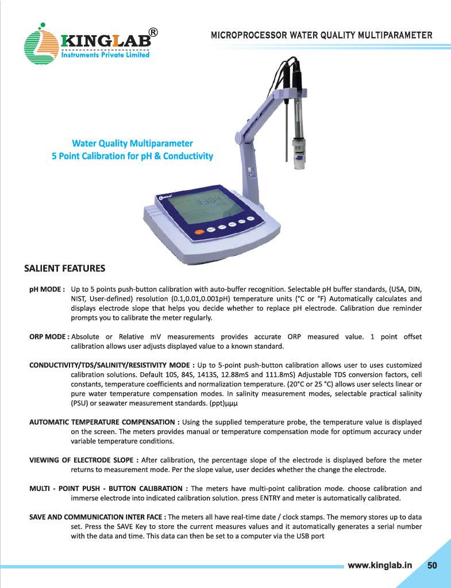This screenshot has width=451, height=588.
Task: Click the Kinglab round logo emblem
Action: tap(41, 43)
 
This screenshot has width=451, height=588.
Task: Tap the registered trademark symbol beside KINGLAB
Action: tap(153, 32)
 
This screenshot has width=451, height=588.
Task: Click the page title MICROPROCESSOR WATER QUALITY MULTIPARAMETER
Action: tap(322, 35)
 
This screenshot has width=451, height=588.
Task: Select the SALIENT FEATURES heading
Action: tap(64, 268)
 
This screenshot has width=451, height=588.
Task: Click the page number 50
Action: tap(433, 565)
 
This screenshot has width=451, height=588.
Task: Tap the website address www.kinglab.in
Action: tap(380, 565)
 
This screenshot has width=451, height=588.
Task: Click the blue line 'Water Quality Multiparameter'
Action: tap(132, 143)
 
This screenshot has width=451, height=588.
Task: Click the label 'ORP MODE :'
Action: tap(49, 336)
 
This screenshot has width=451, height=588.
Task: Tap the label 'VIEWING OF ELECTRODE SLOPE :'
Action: tap(84, 460)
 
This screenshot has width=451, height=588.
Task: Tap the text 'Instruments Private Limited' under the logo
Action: tap(106, 55)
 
